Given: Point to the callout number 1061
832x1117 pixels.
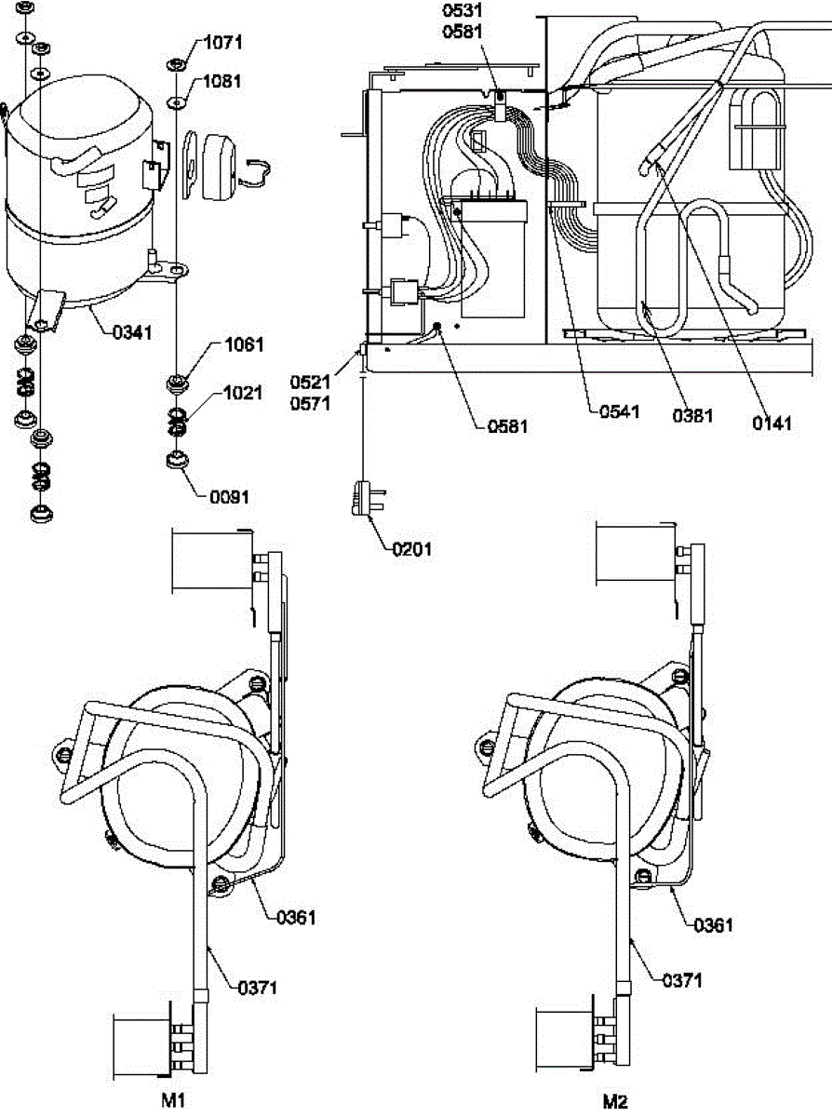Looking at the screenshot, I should pyautogui.click(x=243, y=345).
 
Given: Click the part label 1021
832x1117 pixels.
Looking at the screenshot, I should pyautogui.click(x=243, y=394).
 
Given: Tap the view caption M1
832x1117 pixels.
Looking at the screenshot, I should pyautogui.click(x=174, y=1100).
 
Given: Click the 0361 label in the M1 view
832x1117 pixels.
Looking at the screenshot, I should pyautogui.click(x=296, y=918).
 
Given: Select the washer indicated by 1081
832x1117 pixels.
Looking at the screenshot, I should pyautogui.click(x=176, y=100).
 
